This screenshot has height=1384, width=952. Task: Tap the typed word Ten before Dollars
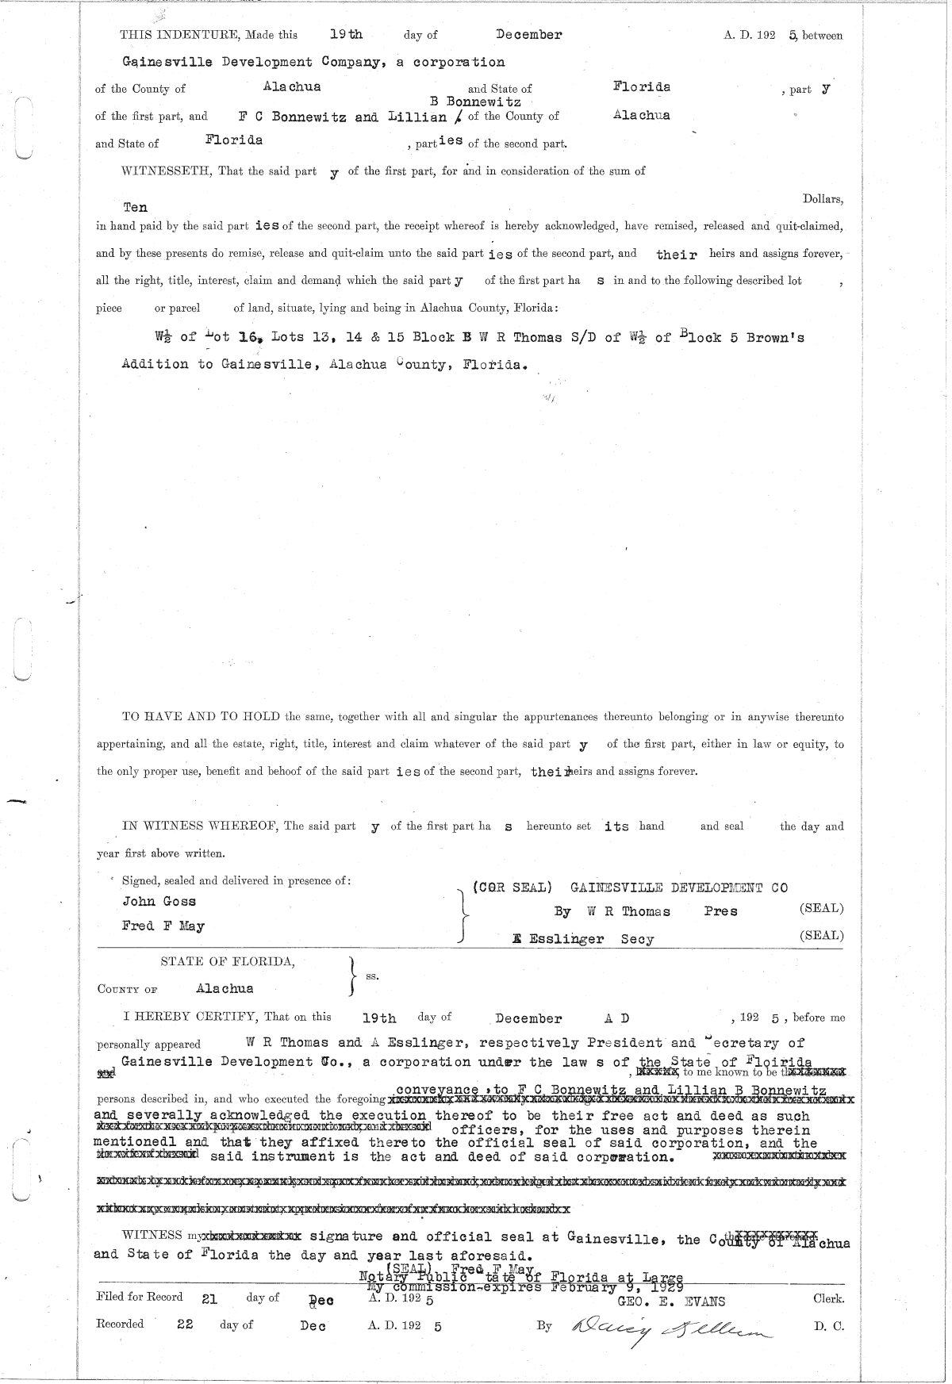(135, 207)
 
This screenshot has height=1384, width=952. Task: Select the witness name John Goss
(159, 901)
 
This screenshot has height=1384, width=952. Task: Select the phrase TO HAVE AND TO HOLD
(201, 716)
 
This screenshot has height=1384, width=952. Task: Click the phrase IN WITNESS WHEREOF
(201, 826)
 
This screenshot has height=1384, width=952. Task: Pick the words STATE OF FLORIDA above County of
(228, 961)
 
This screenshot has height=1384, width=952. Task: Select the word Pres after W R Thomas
(720, 911)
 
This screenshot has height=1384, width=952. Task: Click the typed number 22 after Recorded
(185, 1324)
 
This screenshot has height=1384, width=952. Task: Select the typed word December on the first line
(528, 35)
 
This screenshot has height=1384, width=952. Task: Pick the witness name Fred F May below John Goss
(163, 926)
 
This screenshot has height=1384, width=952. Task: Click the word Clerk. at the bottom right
(828, 1299)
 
